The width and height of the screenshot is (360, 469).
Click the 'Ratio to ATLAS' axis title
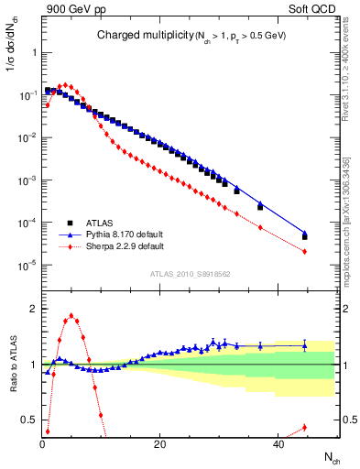coord(12,364)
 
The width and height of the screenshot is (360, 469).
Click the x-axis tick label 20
coord(159,444)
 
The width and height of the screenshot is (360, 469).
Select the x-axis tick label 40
coord(277,444)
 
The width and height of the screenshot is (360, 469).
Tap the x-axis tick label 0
coord(43,444)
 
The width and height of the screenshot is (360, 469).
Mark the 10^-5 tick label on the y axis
coord(25,266)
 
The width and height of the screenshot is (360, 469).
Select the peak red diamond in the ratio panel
coord(71,316)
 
